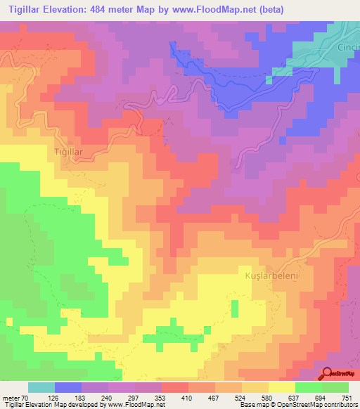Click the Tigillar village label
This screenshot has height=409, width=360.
pos(69,151)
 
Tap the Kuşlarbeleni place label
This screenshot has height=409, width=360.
pos(271,276)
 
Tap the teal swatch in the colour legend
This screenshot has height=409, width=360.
pos(41,387)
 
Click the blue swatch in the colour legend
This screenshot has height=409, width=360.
pos(68,387)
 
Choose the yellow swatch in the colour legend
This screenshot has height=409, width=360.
pos(282,387)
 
